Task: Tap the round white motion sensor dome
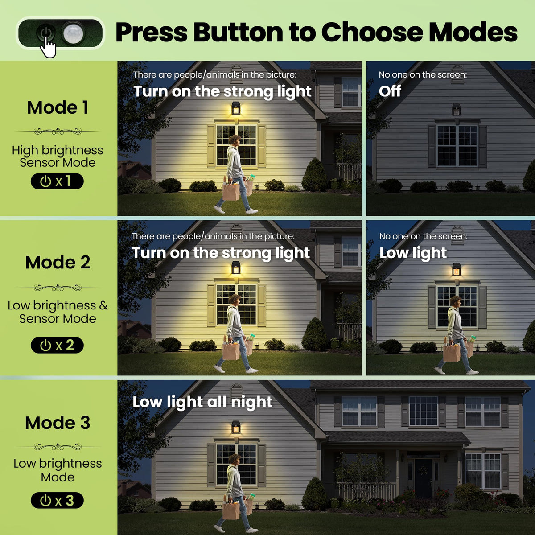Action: [x=73, y=33]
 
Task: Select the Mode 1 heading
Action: [x=58, y=107]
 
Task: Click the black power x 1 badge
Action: [x=57, y=181]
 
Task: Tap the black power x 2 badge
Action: [x=57, y=345]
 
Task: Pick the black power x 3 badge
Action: [x=57, y=500]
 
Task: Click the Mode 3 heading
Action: [x=58, y=423]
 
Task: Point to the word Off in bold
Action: [x=390, y=91]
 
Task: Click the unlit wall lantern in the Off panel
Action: [x=456, y=110]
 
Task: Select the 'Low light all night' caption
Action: [x=202, y=402]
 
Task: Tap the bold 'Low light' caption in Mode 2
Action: [x=413, y=253]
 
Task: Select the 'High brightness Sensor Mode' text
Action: [x=58, y=156]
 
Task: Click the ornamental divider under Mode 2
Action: [x=58, y=288]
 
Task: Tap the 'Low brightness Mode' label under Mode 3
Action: [x=58, y=470]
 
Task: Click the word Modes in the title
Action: [x=473, y=33]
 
